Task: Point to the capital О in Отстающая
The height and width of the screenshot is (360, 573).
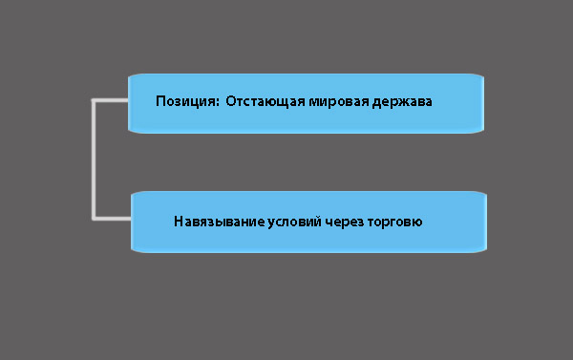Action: (231, 102)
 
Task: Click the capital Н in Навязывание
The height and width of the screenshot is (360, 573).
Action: (179, 221)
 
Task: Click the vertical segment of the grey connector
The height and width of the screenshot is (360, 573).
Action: (94, 159)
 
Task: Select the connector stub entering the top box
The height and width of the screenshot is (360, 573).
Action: (112, 99)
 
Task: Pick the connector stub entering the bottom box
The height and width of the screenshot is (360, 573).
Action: (113, 219)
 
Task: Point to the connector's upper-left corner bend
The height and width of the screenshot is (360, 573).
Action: (94, 99)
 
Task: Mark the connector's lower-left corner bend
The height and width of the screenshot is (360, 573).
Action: (94, 219)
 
